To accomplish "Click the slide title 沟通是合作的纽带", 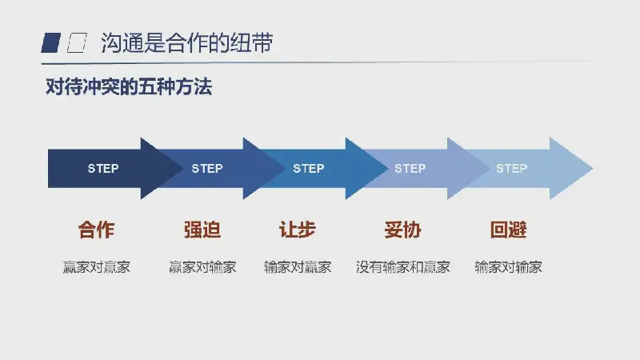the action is (x=187, y=43).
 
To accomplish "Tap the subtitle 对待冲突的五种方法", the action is (x=129, y=86).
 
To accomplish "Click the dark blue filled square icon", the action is (x=51, y=43).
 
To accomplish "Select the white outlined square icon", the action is (x=77, y=43).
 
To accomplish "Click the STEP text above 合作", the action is (x=103, y=168).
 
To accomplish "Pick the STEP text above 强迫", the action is (x=207, y=168).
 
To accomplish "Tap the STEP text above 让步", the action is (x=309, y=168).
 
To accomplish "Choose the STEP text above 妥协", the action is (x=410, y=168).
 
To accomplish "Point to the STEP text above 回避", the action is (x=512, y=168).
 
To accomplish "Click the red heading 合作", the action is (x=96, y=230).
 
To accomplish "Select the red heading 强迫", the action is (x=202, y=230).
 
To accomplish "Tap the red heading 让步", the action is (x=298, y=230).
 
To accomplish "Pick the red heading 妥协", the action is (x=403, y=230).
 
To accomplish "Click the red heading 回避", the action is (x=509, y=230).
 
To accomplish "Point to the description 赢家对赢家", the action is (x=97, y=267).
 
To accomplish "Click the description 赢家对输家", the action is (x=203, y=267).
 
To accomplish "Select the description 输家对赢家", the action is (x=298, y=267).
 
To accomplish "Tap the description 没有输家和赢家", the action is (x=403, y=267).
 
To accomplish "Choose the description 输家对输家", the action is (x=509, y=267).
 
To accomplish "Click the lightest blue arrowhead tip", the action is (x=592, y=168).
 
